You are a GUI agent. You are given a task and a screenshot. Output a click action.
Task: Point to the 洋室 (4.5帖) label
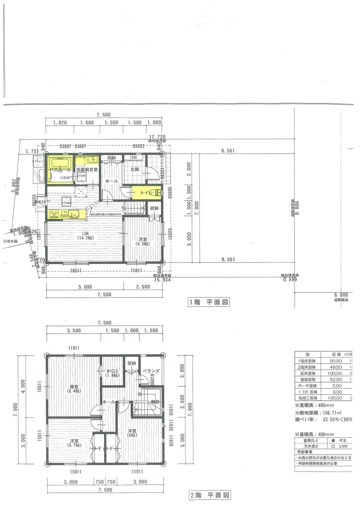pos(142,241)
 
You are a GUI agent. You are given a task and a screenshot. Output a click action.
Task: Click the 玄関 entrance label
pos(135,169)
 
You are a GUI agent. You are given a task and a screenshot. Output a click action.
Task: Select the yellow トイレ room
pos(146,193)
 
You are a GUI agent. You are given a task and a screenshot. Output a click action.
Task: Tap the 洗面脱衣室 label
pos(86,169)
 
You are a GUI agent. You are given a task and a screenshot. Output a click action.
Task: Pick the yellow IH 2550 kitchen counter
pos(68,214)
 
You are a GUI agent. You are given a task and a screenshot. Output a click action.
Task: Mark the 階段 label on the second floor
pos(155,403)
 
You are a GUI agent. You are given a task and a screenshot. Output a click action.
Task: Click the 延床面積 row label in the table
pos(307,373)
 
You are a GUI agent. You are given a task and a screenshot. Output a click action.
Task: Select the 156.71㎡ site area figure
pos(331,413)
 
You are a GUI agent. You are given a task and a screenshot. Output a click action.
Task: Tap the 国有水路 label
pos(10,241)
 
